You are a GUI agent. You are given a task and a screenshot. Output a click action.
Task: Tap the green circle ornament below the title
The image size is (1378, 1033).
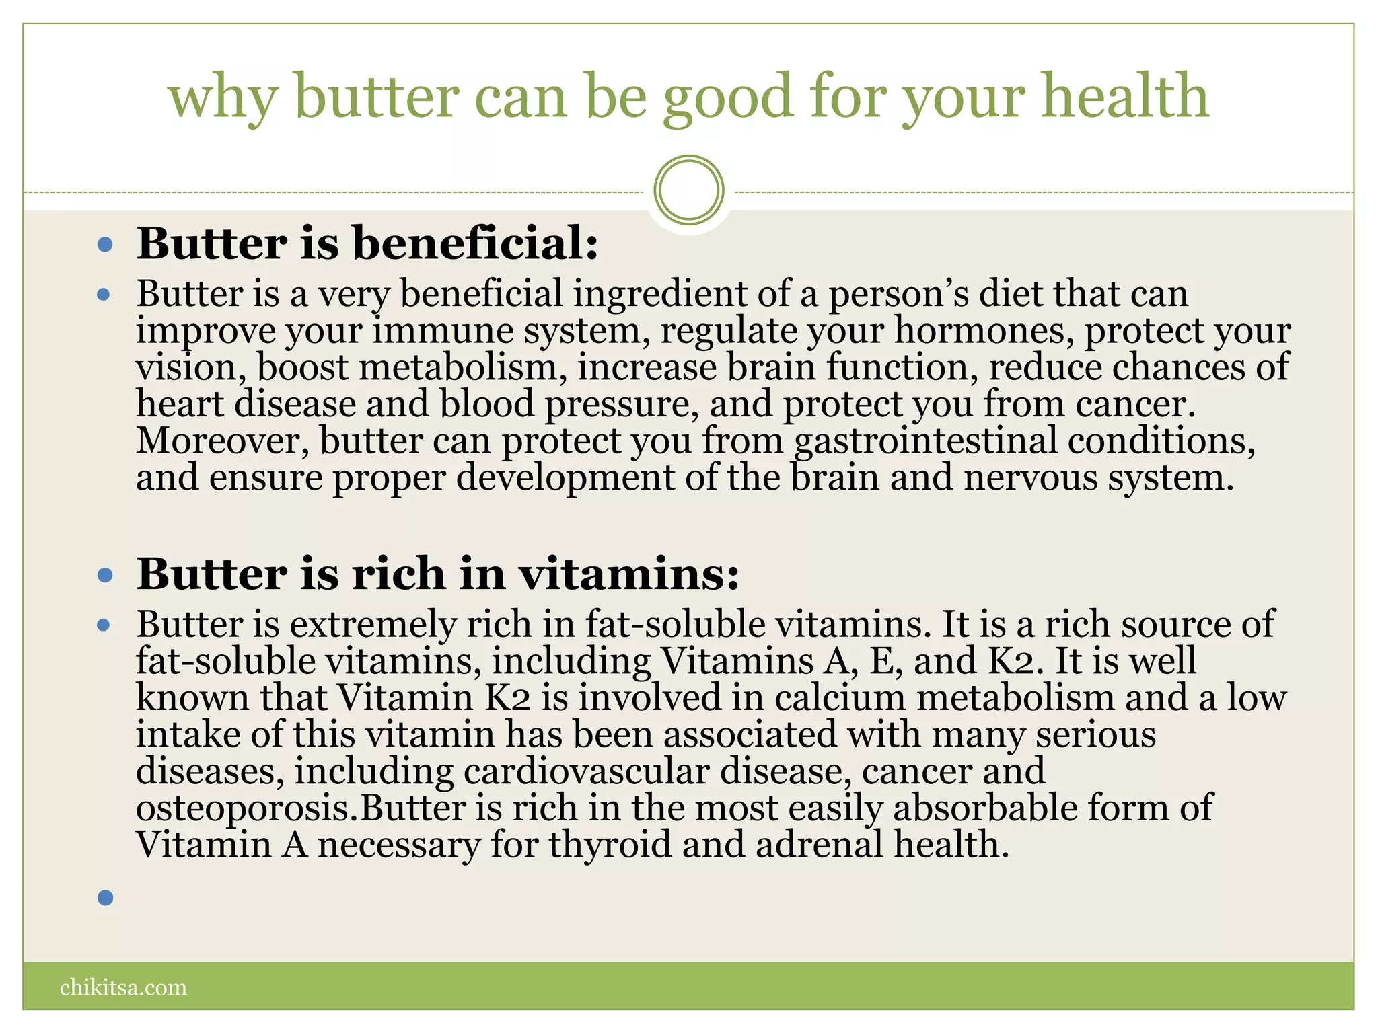point(688,190)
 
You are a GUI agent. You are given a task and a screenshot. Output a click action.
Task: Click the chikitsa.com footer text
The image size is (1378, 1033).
point(123,987)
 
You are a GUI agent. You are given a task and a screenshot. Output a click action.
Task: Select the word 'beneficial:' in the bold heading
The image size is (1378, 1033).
point(475,243)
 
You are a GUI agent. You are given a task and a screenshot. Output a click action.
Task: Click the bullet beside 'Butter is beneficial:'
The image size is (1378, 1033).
point(105,244)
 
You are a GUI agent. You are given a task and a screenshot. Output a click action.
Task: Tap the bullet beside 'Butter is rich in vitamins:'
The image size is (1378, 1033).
point(105,575)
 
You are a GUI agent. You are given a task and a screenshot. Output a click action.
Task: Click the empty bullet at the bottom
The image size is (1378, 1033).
point(106,897)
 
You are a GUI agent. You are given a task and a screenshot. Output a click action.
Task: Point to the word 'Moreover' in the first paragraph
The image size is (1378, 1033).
point(222,441)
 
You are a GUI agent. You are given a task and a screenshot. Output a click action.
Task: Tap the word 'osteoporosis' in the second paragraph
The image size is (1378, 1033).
point(246,808)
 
